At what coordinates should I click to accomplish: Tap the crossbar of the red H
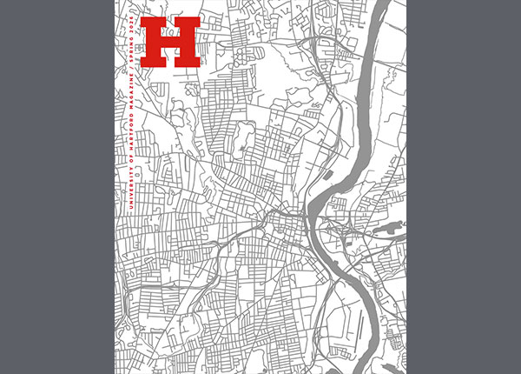(x=171, y=42)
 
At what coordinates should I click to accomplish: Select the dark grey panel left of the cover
(x=56, y=187)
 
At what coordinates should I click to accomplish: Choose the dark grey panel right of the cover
(x=464, y=187)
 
